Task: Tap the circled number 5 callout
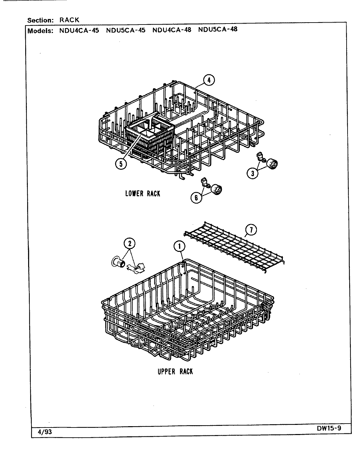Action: click(x=121, y=164)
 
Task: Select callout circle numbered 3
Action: click(x=252, y=174)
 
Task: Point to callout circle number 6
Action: click(x=196, y=198)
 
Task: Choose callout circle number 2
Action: click(x=130, y=243)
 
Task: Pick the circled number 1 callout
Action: click(x=180, y=247)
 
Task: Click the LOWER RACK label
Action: click(x=143, y=193)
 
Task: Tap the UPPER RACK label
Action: click(x=175, y=372)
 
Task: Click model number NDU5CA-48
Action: click(x=218, y=29)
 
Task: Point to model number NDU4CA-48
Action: click(x=172, y=30)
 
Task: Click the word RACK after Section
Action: click(x=69, y=20)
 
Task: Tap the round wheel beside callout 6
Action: click(x=216, y=189)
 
